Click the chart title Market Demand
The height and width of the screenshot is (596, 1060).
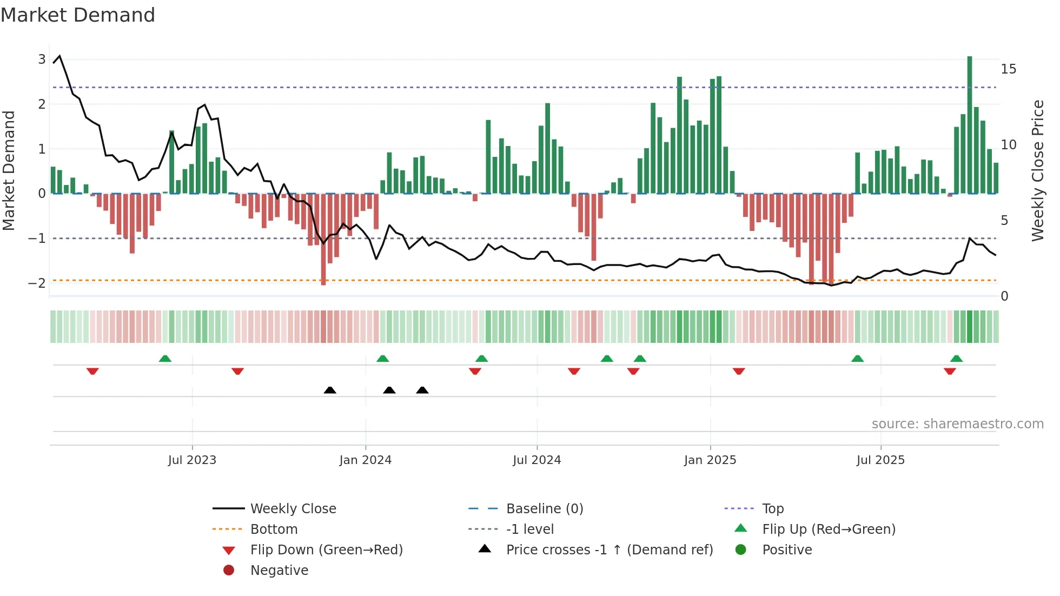click(x=78, y=15)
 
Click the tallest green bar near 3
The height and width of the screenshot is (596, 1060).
click(x=970, y=124)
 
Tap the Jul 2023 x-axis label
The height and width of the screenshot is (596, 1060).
click(x=192, y=460)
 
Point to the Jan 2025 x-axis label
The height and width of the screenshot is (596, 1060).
click(x=710, y=460)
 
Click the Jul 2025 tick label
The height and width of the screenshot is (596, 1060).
click(x=880, y=460)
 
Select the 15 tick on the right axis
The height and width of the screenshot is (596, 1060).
click(x=1008, y=69)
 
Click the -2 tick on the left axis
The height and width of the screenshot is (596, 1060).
click(x=37, y=283)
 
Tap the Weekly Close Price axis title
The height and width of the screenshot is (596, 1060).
click(x=1037, y=170)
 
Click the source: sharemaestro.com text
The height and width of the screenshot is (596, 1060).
click(x=957, y=424)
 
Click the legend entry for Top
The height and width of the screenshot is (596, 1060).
click(x=773, y=509)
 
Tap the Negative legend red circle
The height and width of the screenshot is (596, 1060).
click(x=229, y=571)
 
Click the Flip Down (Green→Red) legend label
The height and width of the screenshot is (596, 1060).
click(x=326, y=550)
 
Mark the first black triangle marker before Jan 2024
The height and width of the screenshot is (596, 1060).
click(x=330, y=390)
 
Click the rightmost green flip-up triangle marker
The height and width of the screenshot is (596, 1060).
click(x=956, y=359)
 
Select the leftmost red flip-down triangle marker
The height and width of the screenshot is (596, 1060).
click(x=92, y=371)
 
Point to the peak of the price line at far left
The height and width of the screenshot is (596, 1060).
click(x=59, y=56)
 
